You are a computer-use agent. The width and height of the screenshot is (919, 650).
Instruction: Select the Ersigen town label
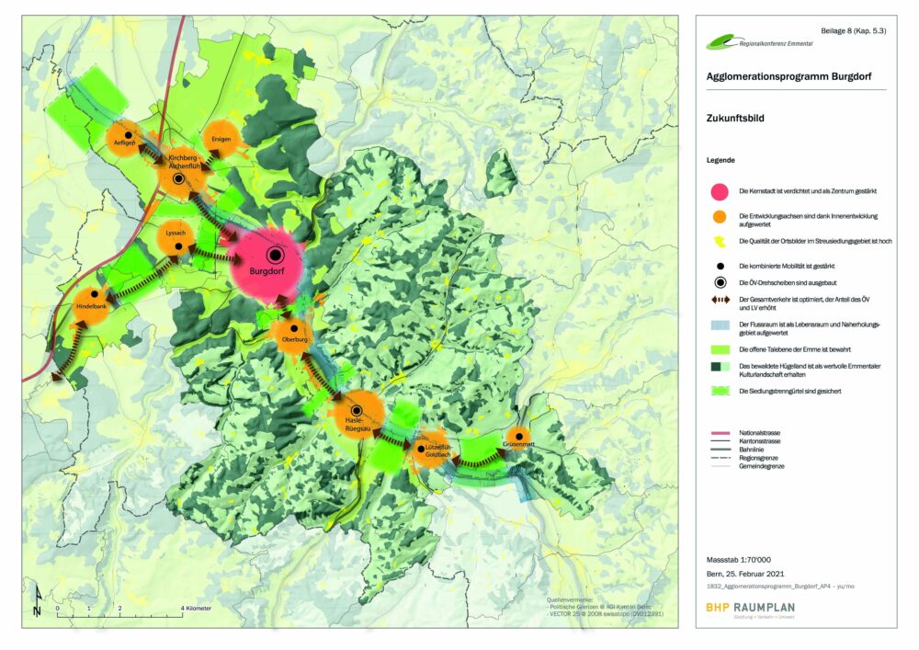coord(221,140)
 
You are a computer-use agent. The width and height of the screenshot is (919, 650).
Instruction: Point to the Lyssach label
coord(176,233)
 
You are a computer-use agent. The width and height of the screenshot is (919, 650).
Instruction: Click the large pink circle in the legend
coord(720,190)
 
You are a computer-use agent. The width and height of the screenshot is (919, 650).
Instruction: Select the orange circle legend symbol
coord(720,217)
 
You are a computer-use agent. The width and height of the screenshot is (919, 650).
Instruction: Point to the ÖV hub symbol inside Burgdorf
coord(275,255)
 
